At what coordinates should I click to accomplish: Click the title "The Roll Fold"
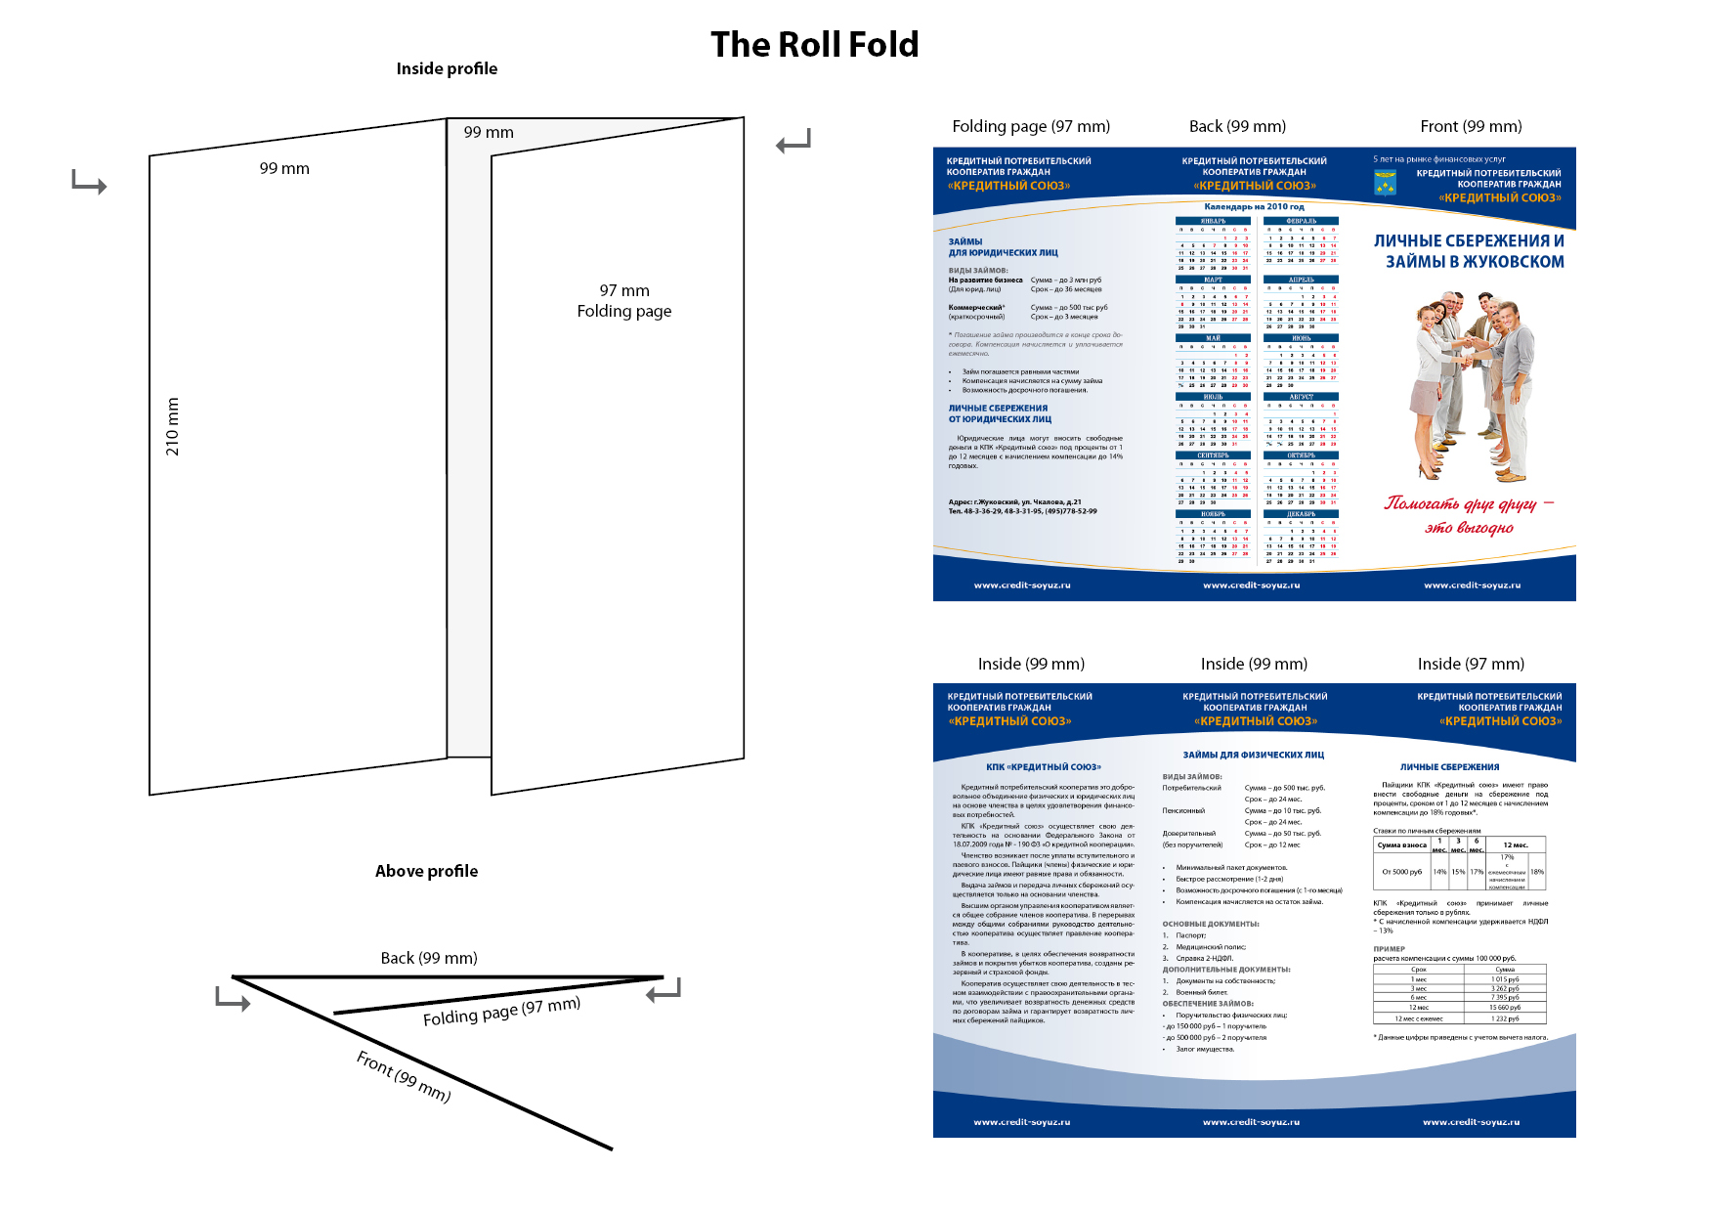click(814, 45)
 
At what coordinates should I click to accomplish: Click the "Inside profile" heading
click(447, 68)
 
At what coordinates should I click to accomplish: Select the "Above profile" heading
click(426, 871)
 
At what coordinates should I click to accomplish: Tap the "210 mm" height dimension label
click(173, 427)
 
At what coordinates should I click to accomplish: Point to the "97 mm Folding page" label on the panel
click(624, 301)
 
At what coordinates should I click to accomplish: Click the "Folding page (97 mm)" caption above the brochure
click(1031, 126)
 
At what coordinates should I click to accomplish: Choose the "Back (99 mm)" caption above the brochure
click(1237, 126)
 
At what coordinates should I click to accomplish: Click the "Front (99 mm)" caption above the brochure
click(1471, 126)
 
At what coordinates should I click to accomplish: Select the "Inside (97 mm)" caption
click(1471, 664)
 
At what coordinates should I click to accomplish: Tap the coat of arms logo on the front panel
click(1385, 183)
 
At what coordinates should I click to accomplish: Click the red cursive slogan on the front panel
click(1469, 515)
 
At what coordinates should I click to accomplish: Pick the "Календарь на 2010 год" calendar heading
click(1254, 207)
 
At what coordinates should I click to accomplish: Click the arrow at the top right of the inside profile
click(793, 143)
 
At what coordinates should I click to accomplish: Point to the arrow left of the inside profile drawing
click(89, 182)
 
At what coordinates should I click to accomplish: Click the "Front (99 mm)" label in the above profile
click(403, 1076)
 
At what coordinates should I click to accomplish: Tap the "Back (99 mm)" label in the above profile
click(429, 958)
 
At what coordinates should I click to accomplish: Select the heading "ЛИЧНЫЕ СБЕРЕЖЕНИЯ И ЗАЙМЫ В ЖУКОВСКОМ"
click(1469, 251)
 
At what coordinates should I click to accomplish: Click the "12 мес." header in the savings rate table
click(1516, 844)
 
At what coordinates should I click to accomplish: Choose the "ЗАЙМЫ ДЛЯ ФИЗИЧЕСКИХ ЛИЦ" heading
click(1253, 755)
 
